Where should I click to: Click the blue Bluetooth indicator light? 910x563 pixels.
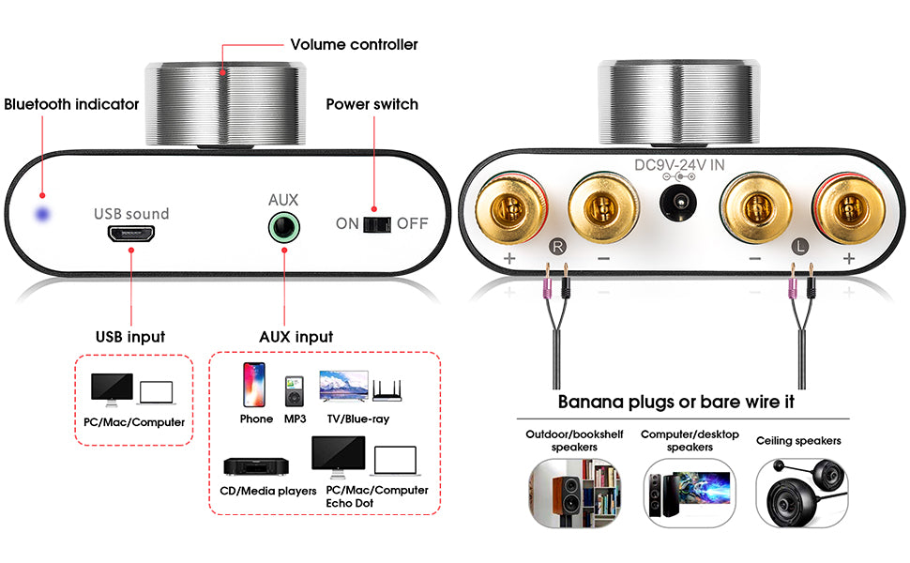point(41,214)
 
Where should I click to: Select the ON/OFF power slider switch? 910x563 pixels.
point(377,224)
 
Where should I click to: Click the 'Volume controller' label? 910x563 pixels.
point(354,45)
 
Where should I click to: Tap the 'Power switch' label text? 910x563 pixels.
point(372,104)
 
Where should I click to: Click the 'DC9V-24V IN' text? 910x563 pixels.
point(679,165)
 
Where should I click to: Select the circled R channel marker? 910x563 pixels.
point(556,248)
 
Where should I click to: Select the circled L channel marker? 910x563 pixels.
point(799,248)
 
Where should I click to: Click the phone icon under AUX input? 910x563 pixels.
point(254,385)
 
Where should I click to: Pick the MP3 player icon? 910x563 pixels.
point(294,391)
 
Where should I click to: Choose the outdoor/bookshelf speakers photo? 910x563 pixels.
point(574,493)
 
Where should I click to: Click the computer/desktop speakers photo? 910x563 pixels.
point(689,493)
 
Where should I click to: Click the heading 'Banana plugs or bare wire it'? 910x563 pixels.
point(675,402)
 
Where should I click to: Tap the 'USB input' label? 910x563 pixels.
point(130,336)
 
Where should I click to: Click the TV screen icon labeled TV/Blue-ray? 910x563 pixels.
point(343,387)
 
